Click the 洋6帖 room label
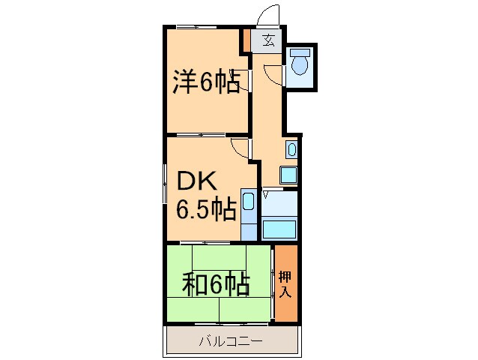click(x=207, y=82)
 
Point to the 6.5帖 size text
click(x=206, y=209)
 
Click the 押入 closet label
click(x=285, y=284)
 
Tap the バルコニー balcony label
click(x=230, y=342)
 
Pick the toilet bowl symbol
click(x=300, y=62)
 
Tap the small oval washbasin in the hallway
click(x=291, y=150)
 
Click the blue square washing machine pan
click(x=288, y=175)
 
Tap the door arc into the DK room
click(x=240, y=147)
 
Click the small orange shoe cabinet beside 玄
click(x=246, y=40)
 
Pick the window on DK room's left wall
click(x=165, y=184)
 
